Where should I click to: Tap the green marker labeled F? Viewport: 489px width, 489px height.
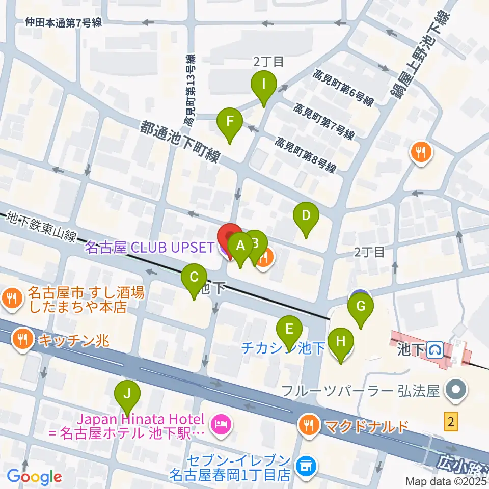coord(230,123)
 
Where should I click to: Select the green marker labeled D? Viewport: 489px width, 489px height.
coord(306,216)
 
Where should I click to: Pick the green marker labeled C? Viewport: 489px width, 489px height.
coord(194,278)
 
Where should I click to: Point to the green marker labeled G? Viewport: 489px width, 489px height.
coord(361,308)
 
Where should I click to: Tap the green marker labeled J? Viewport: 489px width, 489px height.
coord(127,394)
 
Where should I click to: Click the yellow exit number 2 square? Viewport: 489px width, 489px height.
coord(450,421)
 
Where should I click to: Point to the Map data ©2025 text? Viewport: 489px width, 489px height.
coord(446,481)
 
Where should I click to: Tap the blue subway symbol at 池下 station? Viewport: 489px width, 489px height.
coord(434,350)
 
